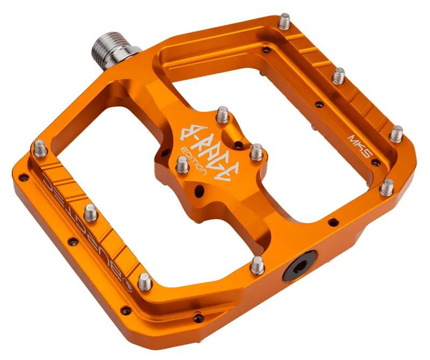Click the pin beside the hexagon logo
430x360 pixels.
[x=144, y=282]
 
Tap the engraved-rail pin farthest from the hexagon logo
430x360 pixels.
[x=40, y=147]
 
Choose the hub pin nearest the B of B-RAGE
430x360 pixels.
[x=222, y=115]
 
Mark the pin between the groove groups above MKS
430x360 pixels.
[x=338, y=76]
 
